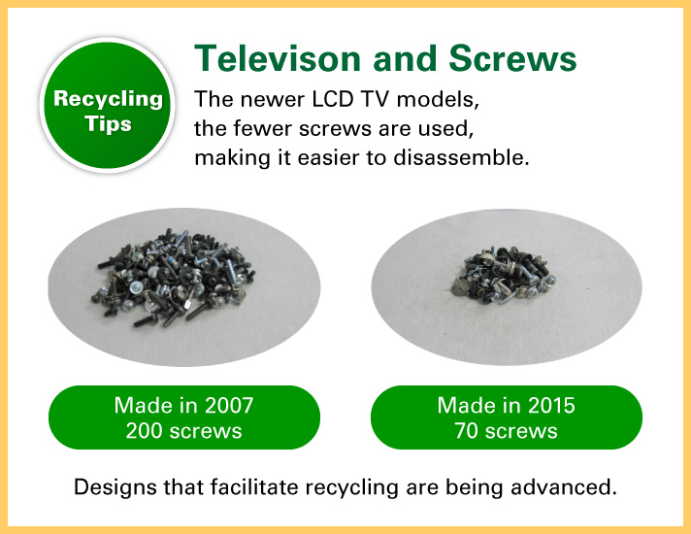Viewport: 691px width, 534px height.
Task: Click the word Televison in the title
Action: [x=279, y=58]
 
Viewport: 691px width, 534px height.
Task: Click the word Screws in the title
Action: [x=512, y=58]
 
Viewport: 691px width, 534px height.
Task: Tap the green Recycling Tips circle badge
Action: [x=107, y=105]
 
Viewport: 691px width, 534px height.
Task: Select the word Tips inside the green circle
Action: [x=108, y=124]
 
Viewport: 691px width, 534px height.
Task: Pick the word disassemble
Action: [x=461, y=157]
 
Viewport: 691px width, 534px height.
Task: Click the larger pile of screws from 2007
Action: [x=173, y=278]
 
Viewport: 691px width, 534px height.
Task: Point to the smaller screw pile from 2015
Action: [x=504, y=275]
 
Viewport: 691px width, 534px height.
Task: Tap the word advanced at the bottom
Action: [x=564, y=486]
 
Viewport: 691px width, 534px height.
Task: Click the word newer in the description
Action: [x=273, y=99]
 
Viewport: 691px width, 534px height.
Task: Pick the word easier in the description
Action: [x=328, y=157]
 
